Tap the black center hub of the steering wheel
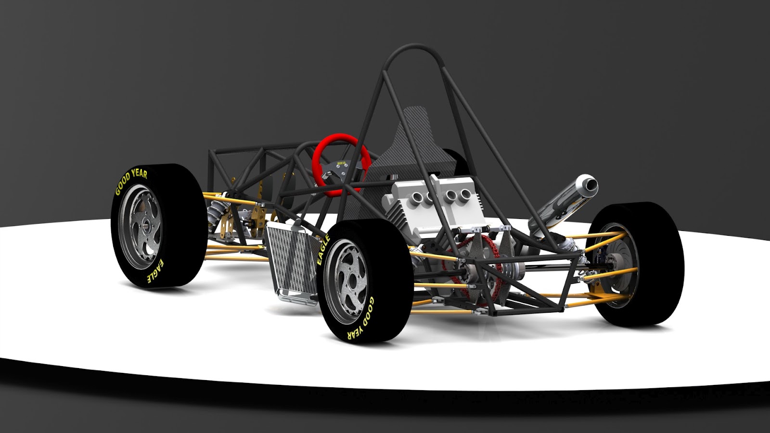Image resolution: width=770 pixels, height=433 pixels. tap(341, 166)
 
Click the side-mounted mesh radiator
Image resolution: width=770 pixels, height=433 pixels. tap(292, 262)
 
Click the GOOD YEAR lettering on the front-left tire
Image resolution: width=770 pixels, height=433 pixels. tap(131, 180)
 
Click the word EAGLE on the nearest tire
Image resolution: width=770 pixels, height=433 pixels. tap(323, 250)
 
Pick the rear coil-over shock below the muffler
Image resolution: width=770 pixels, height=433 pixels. tap(563, 241)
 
